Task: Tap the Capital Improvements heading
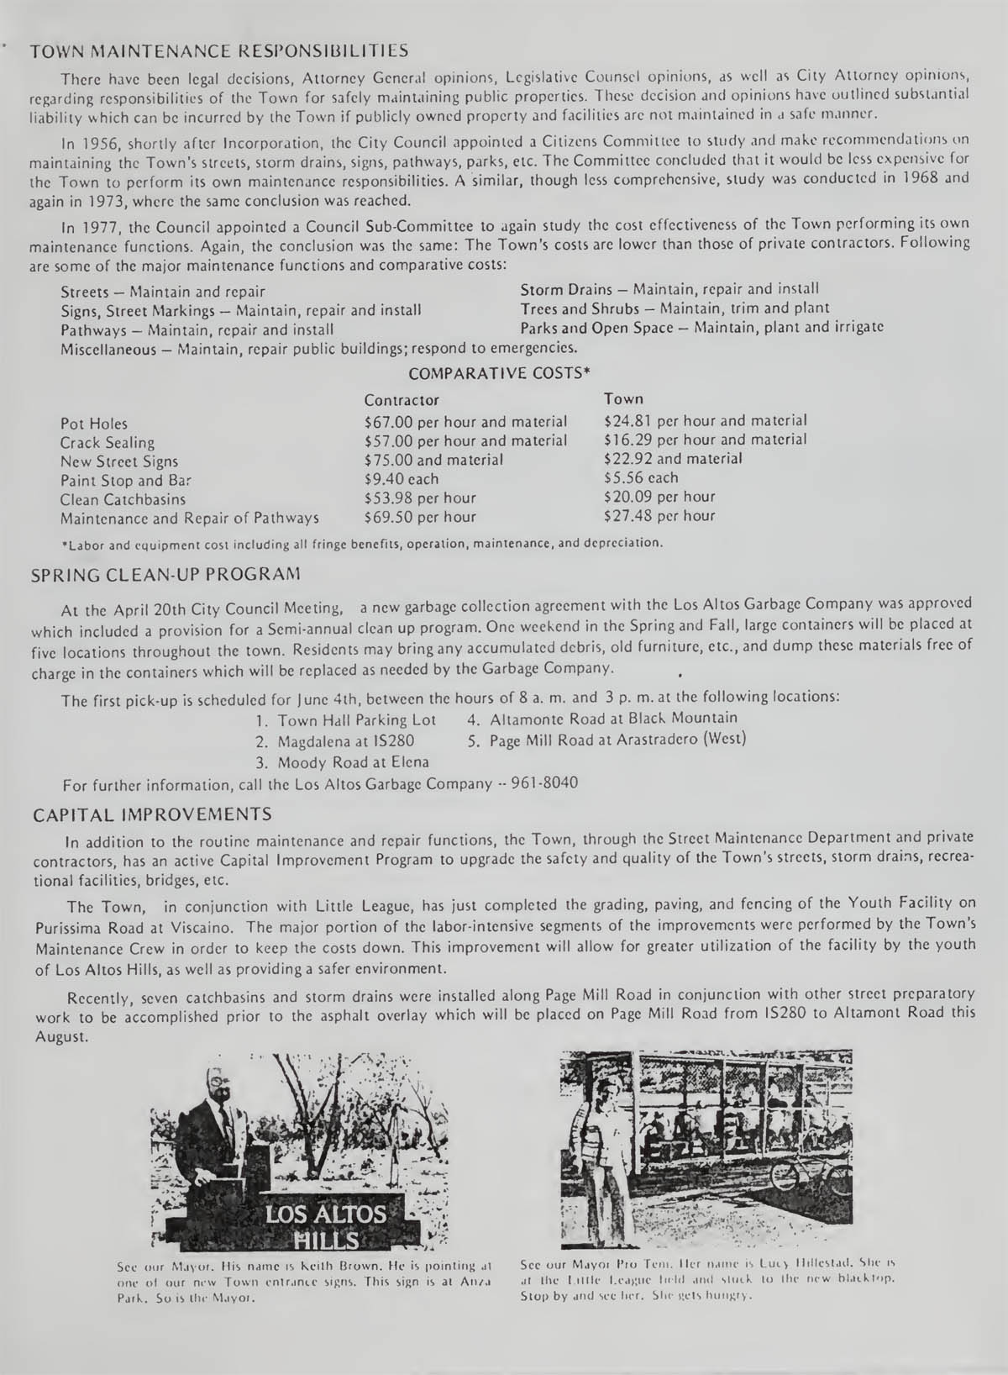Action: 151,814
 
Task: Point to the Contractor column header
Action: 402,400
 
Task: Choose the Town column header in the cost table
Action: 623,398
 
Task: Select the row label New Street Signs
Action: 119,461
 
